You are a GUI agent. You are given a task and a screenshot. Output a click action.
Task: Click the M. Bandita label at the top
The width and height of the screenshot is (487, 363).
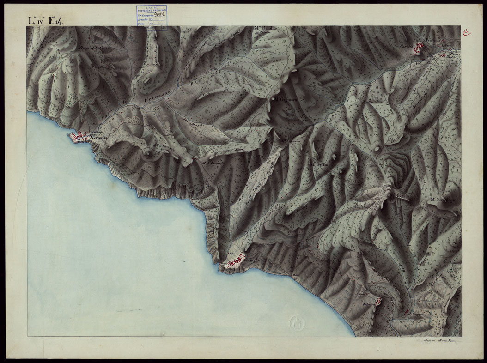[x=265, y=29]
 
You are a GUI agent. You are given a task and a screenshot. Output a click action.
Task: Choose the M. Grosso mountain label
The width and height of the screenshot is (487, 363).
[x=319, y=164]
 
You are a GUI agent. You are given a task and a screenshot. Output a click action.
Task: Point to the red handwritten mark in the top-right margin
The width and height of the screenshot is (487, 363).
[x=467, y=31]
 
